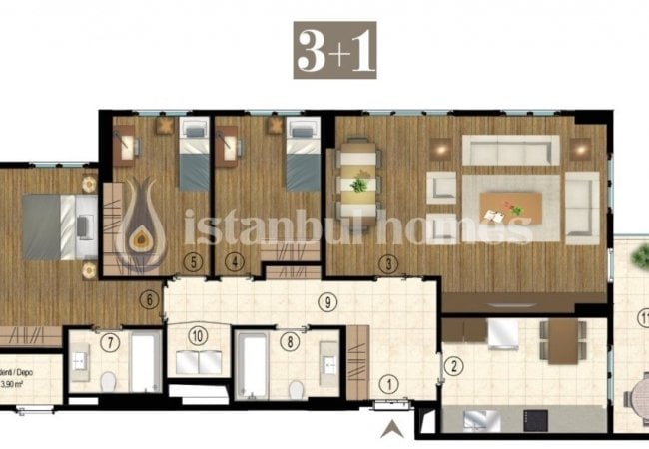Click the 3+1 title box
335,50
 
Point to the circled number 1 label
389,380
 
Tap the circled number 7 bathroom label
111,342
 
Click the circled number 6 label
148,297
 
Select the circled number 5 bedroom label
195,263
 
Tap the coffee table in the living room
510,207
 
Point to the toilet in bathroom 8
295,387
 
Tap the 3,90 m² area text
18,382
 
